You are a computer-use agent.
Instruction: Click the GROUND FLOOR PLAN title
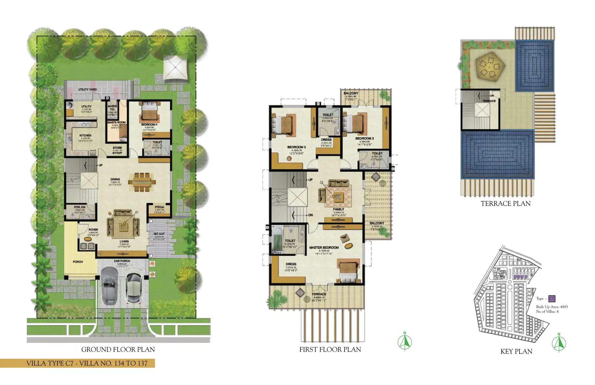[x=118, y=349]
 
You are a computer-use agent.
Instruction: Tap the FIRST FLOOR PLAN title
[x=330, y=349]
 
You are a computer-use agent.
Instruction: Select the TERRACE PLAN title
[x=505, y=204]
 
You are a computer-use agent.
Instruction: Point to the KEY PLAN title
[x=516, y=351]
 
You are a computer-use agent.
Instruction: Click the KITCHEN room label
[x=85, y=135]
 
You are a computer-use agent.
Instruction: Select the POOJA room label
[x=159, y=207]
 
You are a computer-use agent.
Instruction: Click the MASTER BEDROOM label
[x=324, y=248]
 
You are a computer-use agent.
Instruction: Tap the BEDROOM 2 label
[x=296, y=147]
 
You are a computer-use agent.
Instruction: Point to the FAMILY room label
[x=338, y=209]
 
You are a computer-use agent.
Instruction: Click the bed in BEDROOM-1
[x=149, y=112]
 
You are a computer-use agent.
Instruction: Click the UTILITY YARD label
[x=87, y=89]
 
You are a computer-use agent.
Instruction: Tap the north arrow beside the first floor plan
[x=405, y=341]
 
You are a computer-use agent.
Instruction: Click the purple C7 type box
[x=552, y=299]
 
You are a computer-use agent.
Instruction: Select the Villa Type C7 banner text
[x=87, y=363]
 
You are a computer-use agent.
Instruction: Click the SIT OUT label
[x=159, y=234]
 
